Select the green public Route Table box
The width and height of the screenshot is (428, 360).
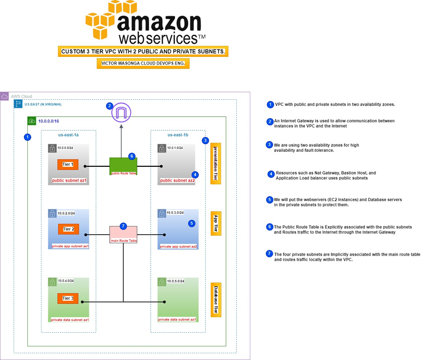pyautogui.click(x=123, y=166)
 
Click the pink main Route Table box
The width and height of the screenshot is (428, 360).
pyautogui.click(x=123, y=234)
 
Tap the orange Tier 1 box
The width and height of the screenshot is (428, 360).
pyautogui.click(x=68, y=165)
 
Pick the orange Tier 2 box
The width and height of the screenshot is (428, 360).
pyautogui.click(x=68, y=229)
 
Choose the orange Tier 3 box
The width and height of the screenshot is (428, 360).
pyautogui.click(x=68, y=299)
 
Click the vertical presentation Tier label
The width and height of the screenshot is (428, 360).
pyautogui.click(x=216, y=164)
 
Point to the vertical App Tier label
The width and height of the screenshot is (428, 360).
pyautogui.click(x=216, y=223)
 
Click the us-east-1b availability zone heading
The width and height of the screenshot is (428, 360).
pyautogui.click(x=178, y=135)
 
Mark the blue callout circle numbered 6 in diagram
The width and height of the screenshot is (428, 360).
pyautogui.click(x=132, y=156)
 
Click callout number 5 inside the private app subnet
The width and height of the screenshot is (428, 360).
pyautogui.click(x=192, y=223)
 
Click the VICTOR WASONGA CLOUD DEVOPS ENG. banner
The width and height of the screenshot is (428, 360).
pyautogui.click(x=143, y=63)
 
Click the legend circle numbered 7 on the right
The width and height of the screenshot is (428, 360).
pyautogui.click(x=269, y=254)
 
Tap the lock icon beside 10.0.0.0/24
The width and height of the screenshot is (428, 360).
pyautogui.click(x=52, y=148)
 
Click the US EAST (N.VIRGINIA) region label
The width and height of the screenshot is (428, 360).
pyautogui.click(x=43, y=104)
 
